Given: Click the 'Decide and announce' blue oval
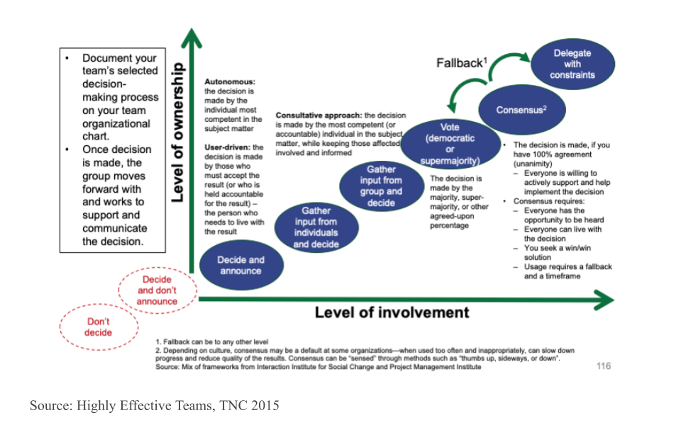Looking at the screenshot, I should (x=240, y=265).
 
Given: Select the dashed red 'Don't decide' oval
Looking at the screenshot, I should (x=99, y=327).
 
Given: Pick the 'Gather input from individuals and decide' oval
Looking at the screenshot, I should (x=316, y=227).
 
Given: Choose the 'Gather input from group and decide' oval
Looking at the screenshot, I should (x=381, y=186).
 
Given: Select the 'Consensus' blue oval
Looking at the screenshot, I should (x=521, y=110).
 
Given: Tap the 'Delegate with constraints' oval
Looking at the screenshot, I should (x=572, y=64).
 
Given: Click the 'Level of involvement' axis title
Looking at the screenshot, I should (x=392, y=312).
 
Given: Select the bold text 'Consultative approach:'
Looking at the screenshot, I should (x=318, y=115).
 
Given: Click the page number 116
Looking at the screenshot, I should (x=603, y=366).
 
